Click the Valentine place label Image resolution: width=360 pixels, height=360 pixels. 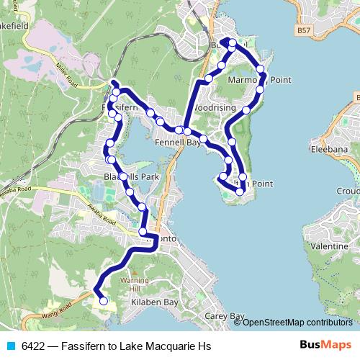coord(328,246)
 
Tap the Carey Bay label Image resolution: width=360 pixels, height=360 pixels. coord(225,316)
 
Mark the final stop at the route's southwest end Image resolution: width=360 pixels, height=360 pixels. coord(103,301)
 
